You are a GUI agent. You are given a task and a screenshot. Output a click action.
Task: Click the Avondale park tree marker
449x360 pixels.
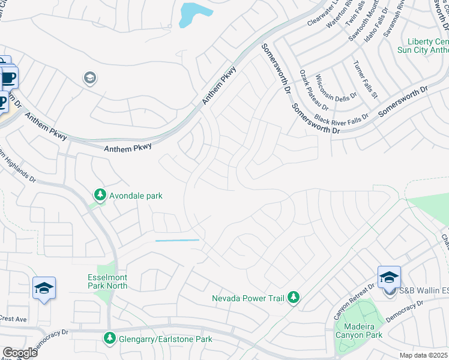coord(100,195)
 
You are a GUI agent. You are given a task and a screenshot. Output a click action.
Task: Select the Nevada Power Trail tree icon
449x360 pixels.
coord(293,298)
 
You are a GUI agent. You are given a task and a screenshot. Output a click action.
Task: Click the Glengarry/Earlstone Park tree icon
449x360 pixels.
coord(109,338)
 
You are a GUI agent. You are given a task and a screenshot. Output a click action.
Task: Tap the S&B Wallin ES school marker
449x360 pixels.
coord(389,278)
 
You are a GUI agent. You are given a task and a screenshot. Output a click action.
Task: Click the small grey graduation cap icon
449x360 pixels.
coord(89,78)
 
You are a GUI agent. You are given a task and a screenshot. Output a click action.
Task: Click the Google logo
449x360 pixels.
coord(20,353)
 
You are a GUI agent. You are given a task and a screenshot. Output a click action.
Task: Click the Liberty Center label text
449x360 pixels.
coord(427,41)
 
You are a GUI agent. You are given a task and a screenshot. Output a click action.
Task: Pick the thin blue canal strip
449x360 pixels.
coord(177,241)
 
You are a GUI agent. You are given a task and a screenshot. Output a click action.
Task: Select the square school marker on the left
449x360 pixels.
coord(44,289)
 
